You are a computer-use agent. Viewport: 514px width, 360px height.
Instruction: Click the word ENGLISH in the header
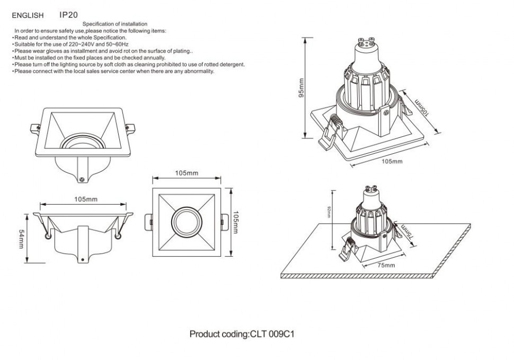pos(28,16)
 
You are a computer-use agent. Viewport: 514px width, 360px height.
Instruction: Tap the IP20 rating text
pos(68,15)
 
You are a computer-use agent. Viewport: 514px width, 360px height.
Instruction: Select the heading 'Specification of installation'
pos(115,24)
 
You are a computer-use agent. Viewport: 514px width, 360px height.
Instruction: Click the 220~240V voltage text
pos(75,45)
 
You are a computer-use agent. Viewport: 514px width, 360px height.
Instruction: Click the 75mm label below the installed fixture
pos(386,265)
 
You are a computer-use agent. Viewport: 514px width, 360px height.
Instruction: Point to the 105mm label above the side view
pos(85,199)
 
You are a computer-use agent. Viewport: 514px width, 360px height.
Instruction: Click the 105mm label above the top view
pos(187,173)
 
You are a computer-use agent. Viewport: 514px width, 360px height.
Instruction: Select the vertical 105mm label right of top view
pos(236,222)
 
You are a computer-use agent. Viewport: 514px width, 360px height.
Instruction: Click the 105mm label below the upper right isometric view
pos(392,161)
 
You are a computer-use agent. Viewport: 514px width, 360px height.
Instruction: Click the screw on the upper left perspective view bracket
pos(83,179)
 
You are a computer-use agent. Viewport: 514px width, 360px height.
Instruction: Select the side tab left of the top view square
pos(148,222)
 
